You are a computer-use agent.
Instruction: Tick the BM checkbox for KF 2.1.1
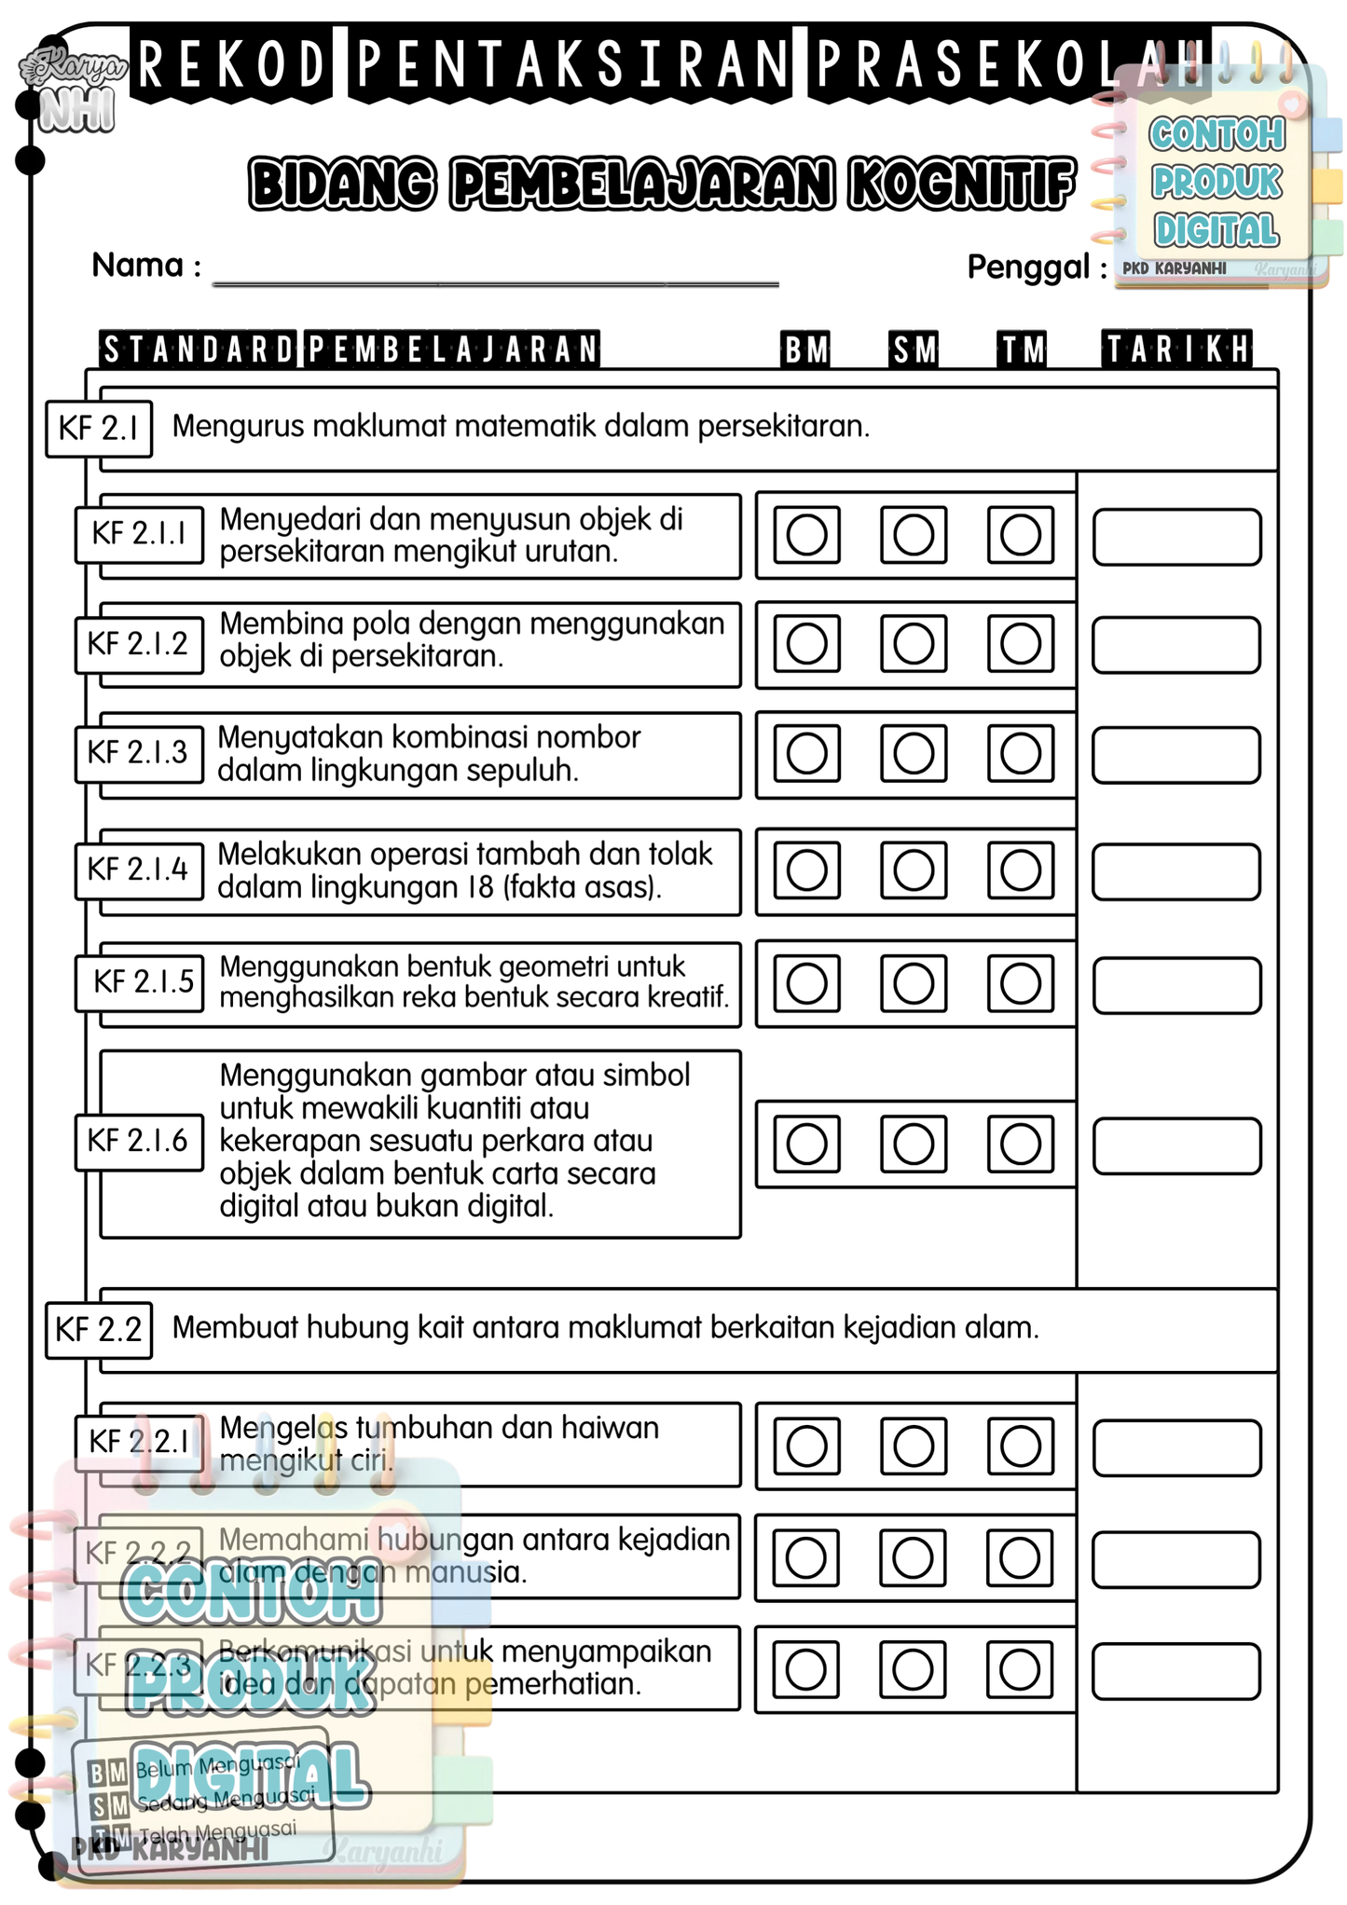click(806, 535)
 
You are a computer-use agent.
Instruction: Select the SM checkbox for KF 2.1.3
click(914, 753)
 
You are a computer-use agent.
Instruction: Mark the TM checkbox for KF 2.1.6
click(1021, 1144)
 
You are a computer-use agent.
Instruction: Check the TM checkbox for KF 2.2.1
click(1021, 1446)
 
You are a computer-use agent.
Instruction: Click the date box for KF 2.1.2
click(1176, 645)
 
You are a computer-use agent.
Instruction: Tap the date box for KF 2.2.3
click(1176, 1671)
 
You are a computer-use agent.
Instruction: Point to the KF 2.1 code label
click(99, 429)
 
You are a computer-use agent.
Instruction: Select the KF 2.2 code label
click(99, 1329)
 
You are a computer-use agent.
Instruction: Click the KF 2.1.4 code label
click(138, 870)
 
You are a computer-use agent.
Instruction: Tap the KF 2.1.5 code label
click(143, 981)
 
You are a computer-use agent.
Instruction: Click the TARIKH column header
click(1177, 349)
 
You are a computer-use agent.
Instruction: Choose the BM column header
click(806, 349)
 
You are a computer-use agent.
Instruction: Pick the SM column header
click(914, 349)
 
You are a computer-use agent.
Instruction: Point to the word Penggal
click(1027, 267)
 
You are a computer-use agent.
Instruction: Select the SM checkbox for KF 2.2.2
click(913, 1557)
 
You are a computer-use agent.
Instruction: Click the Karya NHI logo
click(75, 89)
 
